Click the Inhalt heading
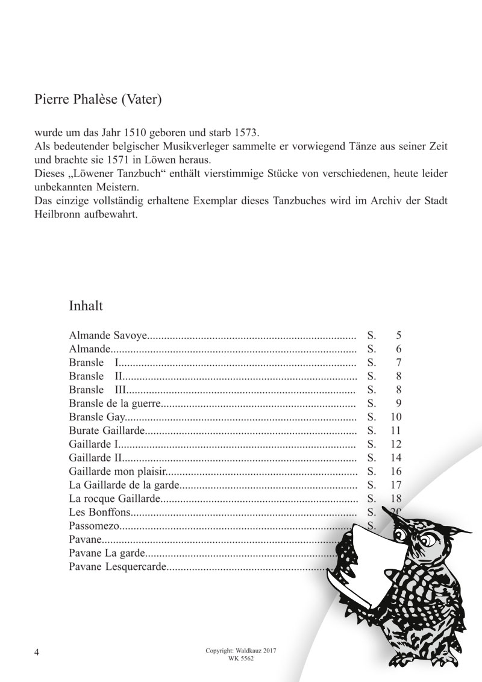86,305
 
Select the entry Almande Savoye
108,336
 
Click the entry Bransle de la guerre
116,403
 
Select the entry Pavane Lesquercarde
117,566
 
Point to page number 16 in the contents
396,471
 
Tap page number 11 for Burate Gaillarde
396,431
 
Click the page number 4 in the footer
37,653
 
